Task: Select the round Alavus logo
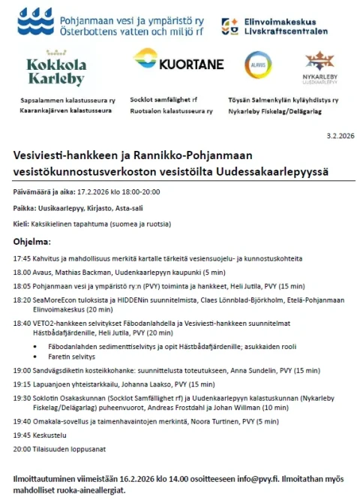(x=259, y=65)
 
